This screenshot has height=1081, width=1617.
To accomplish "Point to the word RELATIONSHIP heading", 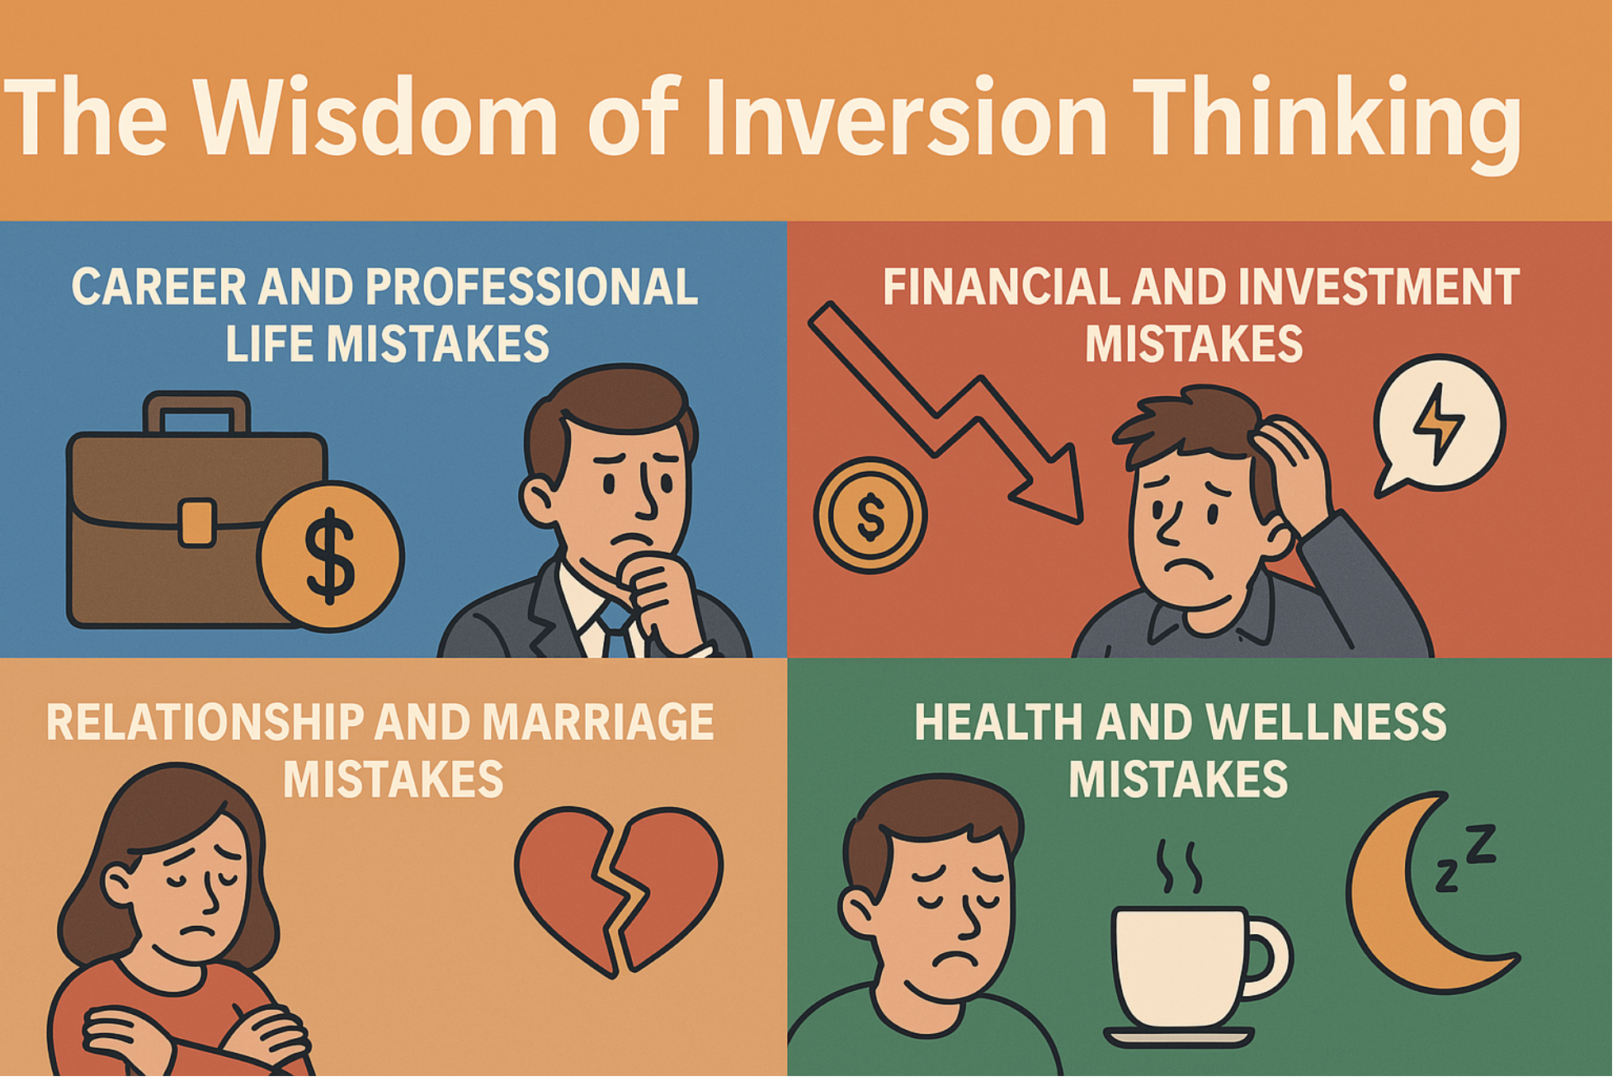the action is tap(205, 723).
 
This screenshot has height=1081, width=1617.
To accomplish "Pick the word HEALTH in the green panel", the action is tap(998, 723).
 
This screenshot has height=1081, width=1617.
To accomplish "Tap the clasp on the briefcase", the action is tap(197, 522).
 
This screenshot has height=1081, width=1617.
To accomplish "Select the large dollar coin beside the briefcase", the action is tap(330, 556).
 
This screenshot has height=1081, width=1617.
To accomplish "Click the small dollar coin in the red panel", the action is tap(870, 516).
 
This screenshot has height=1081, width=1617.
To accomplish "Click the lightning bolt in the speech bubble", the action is tap(1439, 423).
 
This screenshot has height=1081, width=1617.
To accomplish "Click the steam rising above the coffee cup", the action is tap(1178, 866).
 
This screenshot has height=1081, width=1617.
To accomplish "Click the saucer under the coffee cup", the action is tap(1179, 1036).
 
